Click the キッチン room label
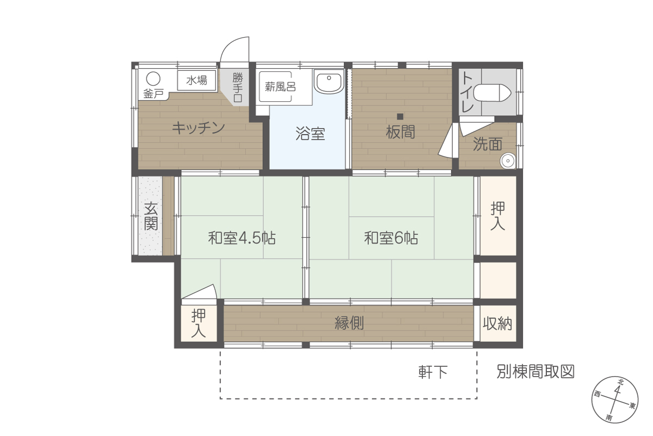point(198,128)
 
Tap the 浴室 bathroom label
point(310,134)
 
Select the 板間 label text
point(401,132)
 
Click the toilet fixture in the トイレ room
point(492,93)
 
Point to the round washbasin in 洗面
point(508,161)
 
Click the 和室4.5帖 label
point(242,238)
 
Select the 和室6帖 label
point(391,238)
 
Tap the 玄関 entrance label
point(151,216)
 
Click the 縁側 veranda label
point(349,323)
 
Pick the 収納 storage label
point(497,323)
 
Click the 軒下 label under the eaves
point(433,372)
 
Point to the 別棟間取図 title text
point(535,372)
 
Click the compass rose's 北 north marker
point(620,382)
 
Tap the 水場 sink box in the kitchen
point(197,80)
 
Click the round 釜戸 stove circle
point(153,79)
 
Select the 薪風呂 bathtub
point(275,87)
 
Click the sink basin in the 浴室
point(329,82)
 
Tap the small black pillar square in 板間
point(400,117)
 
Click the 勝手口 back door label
point(238,87)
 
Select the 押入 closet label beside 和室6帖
point(497,216)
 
